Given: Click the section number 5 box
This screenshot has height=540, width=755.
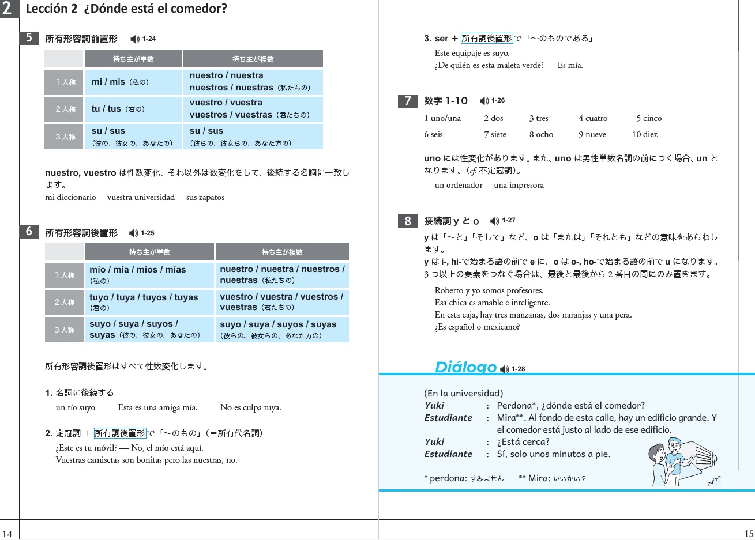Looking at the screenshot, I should tap(29, 38).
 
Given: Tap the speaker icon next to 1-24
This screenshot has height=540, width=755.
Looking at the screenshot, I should tap(135, 39).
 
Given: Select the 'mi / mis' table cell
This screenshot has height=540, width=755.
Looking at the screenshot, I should tap(133, 82).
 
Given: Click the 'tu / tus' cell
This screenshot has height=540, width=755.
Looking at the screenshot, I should tap(133, 109).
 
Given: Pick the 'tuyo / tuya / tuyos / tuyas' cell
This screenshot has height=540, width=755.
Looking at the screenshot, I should tap(149, 302).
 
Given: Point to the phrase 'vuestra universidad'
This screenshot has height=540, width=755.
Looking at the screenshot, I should tap(141, 197).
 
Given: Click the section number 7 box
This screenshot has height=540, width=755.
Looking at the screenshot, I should tap(408, 101).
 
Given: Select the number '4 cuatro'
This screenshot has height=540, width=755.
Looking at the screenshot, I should tap(593, 118).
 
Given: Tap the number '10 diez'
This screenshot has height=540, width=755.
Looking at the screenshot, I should tap(644, 134).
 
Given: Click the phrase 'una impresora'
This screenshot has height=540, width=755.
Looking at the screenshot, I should tap(519, 185).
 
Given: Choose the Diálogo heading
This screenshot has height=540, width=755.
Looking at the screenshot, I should tap(465, 367).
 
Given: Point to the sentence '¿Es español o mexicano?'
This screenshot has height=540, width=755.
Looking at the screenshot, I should tap(477, 327).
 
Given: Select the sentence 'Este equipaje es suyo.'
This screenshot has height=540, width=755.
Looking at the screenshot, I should tap(472, 53).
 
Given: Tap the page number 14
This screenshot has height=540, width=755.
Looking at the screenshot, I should tap(7, 534).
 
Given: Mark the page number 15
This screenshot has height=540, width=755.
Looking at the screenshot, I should tap(749, 534).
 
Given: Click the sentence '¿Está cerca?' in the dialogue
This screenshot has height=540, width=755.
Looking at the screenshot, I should tap(523, 442).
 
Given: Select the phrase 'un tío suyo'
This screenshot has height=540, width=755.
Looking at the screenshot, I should tap(76, 407).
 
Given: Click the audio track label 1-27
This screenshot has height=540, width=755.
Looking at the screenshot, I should tap(509, 221).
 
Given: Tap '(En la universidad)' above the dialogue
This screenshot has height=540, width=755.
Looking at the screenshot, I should tap(463, 394).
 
